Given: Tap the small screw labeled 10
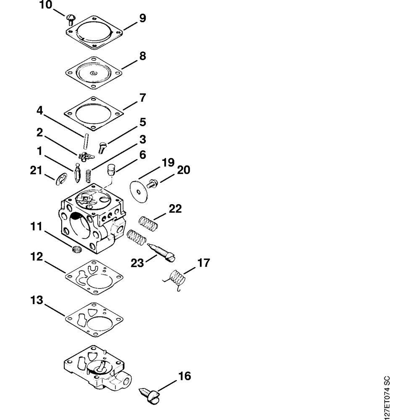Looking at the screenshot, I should [x=71, y=18].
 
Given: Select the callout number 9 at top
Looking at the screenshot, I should [x=143, y=18].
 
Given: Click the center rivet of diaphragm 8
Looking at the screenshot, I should [x=93, y=73].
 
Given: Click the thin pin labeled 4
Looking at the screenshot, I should [x=86, y=141].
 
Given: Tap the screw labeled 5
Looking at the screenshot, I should [x=102, y=147].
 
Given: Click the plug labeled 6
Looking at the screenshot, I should [x=111, y=169].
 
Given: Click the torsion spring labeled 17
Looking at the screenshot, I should [x=176, y=279].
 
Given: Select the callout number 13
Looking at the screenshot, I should [x=36, y=301].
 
